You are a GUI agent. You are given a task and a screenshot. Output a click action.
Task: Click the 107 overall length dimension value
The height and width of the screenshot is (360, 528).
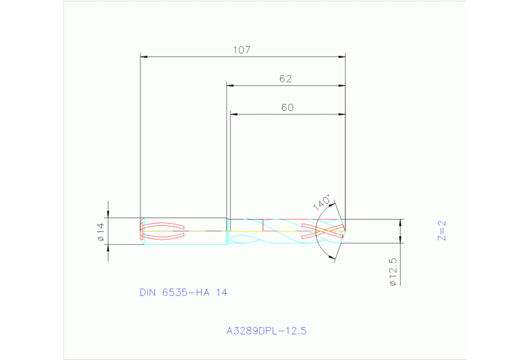(242, 50)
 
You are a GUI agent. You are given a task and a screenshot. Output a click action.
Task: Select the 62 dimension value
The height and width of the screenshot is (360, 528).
(286, 78)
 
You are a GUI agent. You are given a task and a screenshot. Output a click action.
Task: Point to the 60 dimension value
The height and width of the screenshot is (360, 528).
(287, 107)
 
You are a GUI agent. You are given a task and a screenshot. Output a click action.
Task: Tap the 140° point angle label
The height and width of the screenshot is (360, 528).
(321, 203)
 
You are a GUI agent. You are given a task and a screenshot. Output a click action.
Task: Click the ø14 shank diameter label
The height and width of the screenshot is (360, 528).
(100, 232)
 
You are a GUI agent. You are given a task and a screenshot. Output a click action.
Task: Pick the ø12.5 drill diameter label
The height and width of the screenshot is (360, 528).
(393, 273)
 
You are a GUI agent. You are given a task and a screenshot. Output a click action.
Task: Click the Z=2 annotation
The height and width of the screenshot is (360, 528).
(442, 230)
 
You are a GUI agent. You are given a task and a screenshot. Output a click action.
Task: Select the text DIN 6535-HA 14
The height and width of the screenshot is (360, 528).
(183, 292)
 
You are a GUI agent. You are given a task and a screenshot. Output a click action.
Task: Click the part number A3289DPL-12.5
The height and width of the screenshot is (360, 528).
(266, 330)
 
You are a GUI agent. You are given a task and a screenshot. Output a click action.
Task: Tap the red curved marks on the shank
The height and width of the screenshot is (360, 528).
(163, 231)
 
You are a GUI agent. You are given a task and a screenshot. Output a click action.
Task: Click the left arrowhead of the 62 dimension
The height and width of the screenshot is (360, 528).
(231, 86)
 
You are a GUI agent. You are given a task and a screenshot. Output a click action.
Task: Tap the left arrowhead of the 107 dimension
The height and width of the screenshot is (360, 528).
(144, 56)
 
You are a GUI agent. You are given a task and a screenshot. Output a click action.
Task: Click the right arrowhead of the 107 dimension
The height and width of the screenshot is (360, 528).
(342, 56)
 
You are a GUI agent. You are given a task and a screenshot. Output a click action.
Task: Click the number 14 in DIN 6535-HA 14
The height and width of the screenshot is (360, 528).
(221, 292)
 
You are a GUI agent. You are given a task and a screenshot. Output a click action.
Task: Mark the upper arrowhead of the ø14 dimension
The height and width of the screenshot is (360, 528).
(107, 215)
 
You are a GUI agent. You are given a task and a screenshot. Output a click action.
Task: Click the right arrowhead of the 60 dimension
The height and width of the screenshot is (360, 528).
(342, 114)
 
